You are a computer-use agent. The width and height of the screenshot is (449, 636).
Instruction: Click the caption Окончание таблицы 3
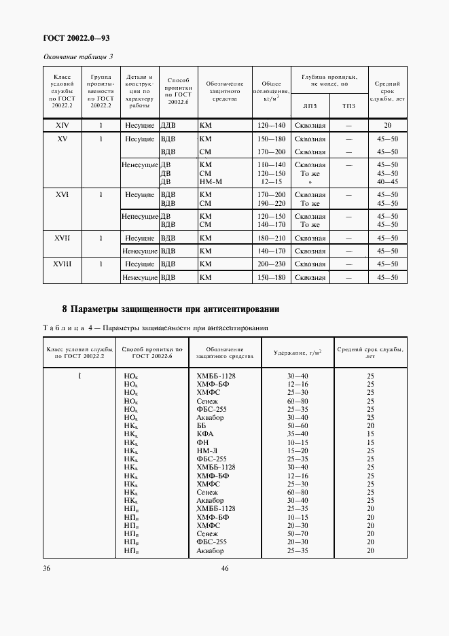[78, 56]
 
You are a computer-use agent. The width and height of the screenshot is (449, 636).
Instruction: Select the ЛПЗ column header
[310, 106]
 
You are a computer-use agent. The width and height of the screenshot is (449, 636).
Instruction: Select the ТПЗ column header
[348, 106]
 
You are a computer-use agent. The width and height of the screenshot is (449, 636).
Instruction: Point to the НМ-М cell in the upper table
[211, 182]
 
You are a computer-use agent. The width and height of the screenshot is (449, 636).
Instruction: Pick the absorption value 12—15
[271, 182]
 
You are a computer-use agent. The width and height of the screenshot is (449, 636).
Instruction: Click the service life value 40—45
[387, 182]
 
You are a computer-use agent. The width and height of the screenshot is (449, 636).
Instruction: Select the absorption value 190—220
[271, 203]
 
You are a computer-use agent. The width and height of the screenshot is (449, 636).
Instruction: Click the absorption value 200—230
[271, 264]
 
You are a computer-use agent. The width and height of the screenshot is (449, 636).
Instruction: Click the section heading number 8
[46, 310]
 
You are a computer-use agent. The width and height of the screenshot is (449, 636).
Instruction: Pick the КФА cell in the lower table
[205, 434]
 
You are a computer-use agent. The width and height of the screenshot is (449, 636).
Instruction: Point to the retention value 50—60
[297, 425]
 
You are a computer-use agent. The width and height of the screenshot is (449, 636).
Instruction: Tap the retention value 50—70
[297, 534]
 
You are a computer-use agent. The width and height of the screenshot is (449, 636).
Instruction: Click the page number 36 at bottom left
[47, 568]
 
